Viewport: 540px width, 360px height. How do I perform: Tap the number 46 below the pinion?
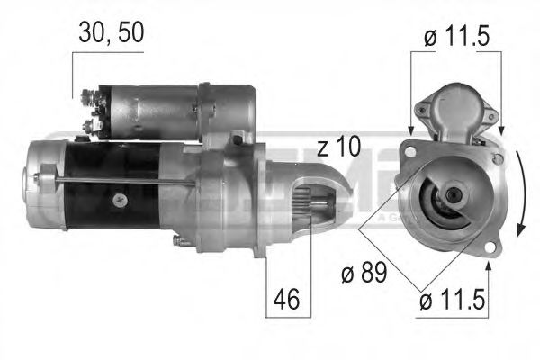click(287, 298)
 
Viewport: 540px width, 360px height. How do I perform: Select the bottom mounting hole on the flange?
click(488, 246)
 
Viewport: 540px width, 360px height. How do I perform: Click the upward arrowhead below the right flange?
click(488, 267)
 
